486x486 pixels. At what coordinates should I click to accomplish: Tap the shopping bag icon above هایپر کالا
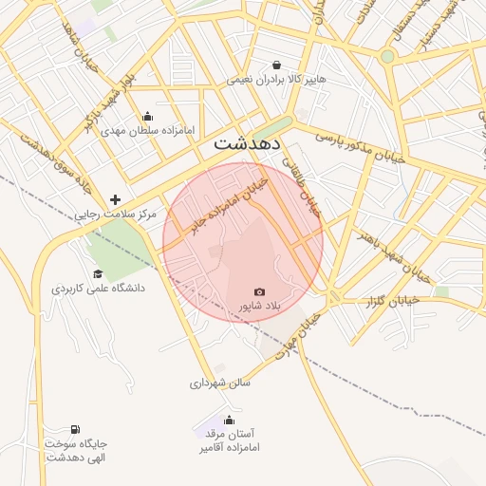click(276, 65)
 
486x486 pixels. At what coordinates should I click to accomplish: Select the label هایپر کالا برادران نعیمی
click(276, 80)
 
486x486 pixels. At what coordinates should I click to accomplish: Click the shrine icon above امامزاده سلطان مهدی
click(147, 116)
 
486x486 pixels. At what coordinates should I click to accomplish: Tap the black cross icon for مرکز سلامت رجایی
click(115, 199)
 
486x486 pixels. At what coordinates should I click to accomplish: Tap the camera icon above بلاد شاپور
click(259, 291)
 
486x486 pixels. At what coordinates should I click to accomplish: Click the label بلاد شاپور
click(259, 307)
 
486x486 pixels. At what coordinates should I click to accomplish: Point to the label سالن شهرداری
click(219, 384)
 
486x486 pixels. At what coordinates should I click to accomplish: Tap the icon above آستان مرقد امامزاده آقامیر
click(228, 420)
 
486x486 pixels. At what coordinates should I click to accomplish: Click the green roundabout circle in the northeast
click(386, 56)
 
